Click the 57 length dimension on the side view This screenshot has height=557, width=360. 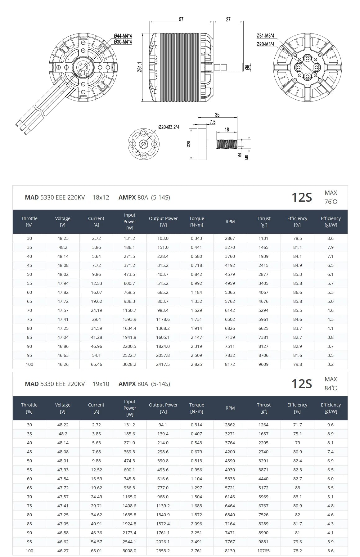[x=181, y=19]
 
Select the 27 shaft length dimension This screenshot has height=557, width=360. [x=228, y=19]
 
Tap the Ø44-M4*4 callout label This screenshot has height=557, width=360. [x=123, y=36]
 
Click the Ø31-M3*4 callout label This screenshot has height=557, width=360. [x=265, y=36]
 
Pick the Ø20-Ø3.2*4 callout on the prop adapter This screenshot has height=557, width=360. [x=169, y=127]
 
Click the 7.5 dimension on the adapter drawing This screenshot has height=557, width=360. [x=212, y=122]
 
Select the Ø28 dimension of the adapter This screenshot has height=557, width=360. [x=189, y=144]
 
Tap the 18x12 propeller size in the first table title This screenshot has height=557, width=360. [x=101, y=197]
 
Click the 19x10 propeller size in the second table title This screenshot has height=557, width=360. [x=101, y=384]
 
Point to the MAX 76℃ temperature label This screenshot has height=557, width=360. [x=331, y=197]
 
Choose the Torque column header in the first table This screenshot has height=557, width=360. [x=196, y=222]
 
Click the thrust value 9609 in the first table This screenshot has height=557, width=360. [x=263, y=364]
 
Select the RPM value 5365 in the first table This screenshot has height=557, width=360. [x=230, y=292]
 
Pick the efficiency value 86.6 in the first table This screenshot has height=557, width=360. [x=297, y=292]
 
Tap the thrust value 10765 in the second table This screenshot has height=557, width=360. [x=263, y=551]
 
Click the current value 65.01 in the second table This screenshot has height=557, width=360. [x=96, y=551]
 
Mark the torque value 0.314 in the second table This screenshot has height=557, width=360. [x=196, y=425]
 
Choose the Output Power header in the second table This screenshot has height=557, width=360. [x=163, y=408]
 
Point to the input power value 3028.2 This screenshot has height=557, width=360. [x=129, y=364]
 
